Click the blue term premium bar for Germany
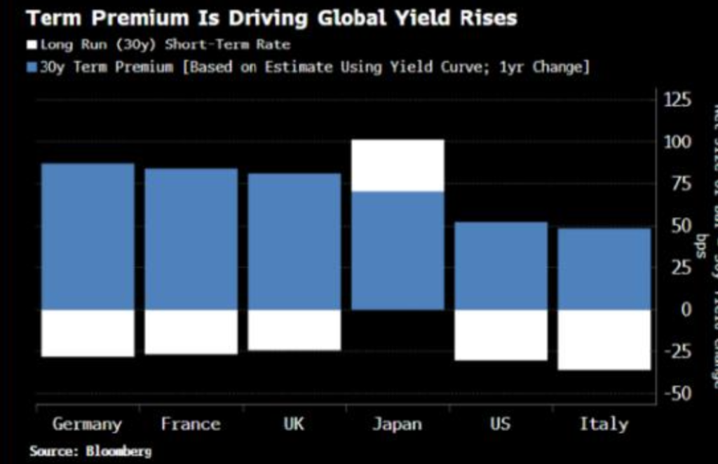[88, 236]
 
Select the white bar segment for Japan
[398, 165]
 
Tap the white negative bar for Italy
[604, 339]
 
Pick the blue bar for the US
[501, 266]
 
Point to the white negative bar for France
[191, 332]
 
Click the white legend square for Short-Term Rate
[32, 45]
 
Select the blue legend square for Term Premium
[32, 67]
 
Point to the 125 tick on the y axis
[677, 100]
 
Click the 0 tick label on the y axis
[685, 309]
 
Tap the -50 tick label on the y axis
[677, 393]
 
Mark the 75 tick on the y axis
[681, 184]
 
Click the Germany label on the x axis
[87, 424]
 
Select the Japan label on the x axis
[398, 424]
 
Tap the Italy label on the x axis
[604, 424]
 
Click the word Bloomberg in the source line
[118, 451]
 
